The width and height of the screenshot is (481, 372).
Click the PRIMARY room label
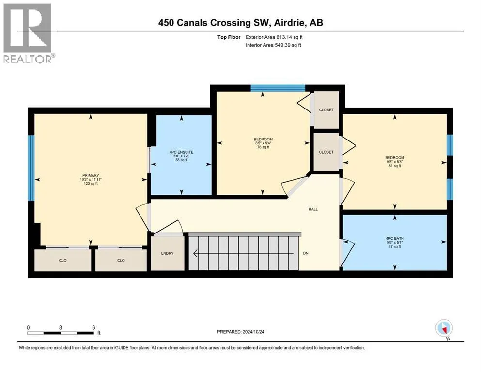pos(91,176)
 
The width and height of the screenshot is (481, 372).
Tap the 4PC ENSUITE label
pos(181,152)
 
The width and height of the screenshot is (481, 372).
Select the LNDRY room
pos(168,253)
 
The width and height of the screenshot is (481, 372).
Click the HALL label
pos(313,209)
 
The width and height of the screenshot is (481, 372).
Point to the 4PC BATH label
pos(395,238)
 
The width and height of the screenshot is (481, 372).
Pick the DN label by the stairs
pos(306,253)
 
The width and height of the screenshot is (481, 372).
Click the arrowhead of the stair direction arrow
pos(195,253)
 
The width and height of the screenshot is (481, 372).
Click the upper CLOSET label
pos(326,110)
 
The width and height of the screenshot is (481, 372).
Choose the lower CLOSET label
pos(326,152)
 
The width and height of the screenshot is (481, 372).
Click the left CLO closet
pos(62,260)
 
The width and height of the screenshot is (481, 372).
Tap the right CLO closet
pos(121,260)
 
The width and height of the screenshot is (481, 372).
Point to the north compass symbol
pos(444,328)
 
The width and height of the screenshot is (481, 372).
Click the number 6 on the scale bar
pos(93,327)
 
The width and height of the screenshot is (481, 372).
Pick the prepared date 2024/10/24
pos(253,332)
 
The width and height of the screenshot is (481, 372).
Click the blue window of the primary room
pos(31,168)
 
